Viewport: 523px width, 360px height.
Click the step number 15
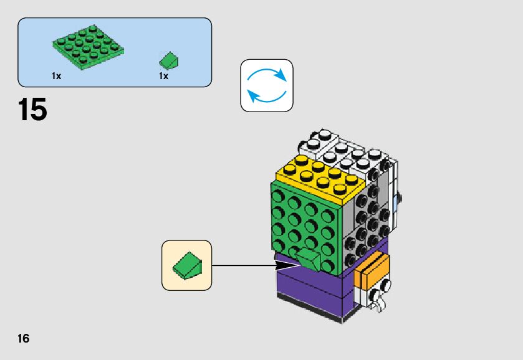pyautogui.click(x=32, y=110)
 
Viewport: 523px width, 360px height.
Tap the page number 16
pyautogui.click(x=23, y=339)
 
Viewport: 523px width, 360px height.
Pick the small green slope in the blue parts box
pyautogui.click(x=170, y=60)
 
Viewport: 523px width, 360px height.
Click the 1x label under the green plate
pyautogui.click(x=57, y=76)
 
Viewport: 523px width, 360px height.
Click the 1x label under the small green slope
pyautogui.click(x=163, y=76)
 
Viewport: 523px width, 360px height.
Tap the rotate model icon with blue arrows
pyautogui.click(x=267, y=85)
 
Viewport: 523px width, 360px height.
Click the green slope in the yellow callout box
pyautogui.click(x=187, y=266)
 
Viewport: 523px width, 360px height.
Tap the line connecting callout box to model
pyautogui.click(x=243, y=266)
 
